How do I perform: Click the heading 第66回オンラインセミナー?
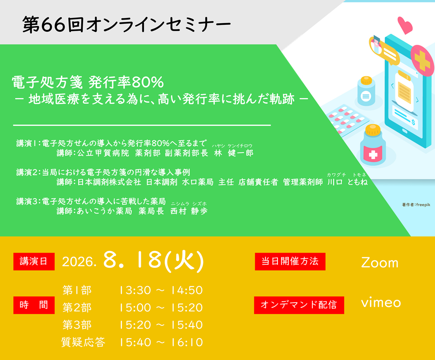[127, 24]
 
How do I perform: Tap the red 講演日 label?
[34, 261]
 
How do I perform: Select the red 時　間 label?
[34, 305]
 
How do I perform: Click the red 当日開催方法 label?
[290, 261]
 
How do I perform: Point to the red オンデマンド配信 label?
[299, 305]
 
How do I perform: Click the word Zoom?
[380, 262]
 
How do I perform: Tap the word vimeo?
[381, 302]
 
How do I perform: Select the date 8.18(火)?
[154, 261]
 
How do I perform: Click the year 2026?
[79, 262]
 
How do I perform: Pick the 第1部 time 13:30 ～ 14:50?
[161, 290]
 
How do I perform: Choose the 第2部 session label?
[77, 307]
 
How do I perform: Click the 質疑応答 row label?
[83, 342]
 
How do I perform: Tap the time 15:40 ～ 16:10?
[161, 342]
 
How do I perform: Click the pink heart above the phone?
[405, 25]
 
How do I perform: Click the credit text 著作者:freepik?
[416, 205]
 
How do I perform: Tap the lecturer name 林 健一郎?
[234, 153]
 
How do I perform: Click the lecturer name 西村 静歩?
[189, 211]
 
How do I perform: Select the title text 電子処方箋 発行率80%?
[88, 82]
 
